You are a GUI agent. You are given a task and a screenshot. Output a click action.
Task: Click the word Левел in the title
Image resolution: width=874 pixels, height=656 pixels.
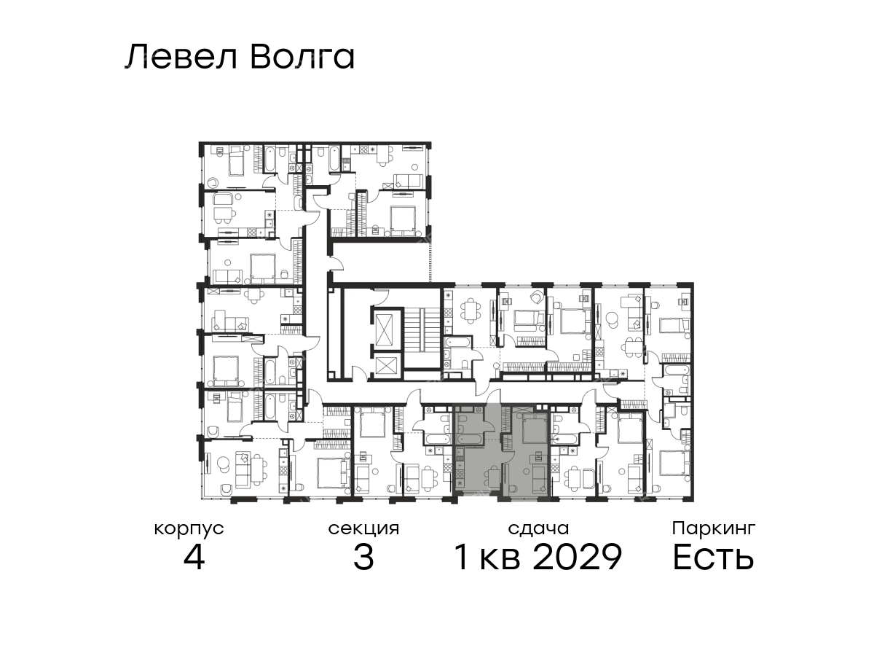point(181,58)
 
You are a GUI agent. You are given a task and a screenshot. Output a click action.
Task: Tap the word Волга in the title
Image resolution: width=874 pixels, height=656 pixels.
point(302,58)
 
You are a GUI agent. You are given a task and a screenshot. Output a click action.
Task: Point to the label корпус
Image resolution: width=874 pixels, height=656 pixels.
point(189,530)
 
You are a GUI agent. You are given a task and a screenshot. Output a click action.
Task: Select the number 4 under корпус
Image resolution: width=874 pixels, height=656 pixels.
point(194,557)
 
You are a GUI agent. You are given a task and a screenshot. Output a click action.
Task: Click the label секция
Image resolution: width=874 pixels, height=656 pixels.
point(363,529)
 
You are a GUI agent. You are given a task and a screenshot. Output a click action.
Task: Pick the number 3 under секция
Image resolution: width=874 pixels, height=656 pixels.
point(363,557)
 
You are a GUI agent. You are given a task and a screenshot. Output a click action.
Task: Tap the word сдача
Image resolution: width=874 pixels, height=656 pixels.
point(538,529)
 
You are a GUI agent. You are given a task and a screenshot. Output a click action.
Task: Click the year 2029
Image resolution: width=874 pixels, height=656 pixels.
point(577,557)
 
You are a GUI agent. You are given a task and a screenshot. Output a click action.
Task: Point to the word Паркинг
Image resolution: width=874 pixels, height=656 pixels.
point(714,529)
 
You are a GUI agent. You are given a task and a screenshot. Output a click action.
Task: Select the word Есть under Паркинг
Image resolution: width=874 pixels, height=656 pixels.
point(713,557)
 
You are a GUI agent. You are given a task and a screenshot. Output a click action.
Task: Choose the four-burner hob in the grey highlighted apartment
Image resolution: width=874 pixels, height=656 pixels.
point(460,474)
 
